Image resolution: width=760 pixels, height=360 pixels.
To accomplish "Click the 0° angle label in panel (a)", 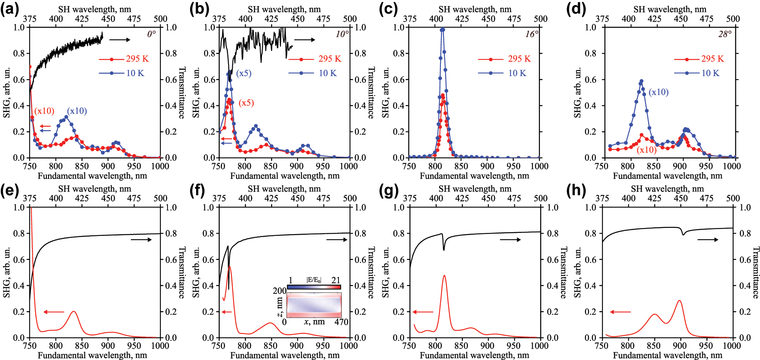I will pyautogui.click(x=151, y=34).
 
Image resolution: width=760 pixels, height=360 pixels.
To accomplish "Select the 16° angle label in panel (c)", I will pyautogui.click(x=532, y=34).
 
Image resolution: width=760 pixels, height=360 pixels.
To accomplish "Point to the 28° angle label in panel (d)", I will pyautogui.click(x=725, y=34).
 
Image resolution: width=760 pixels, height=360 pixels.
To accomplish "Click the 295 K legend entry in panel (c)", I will pyautogui.click(x=519, y=59).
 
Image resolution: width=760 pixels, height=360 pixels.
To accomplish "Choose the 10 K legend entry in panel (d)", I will pyautogui.click(x=711, y=73).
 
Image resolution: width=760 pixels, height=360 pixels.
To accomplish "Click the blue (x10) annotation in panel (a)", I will pyautogui.click(x=77, y=111).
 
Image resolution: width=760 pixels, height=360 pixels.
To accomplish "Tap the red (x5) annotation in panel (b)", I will pyautogui.click(x=246, y=103).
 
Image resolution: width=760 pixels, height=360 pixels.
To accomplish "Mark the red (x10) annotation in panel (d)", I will pyautogui.click(x=647, y=150).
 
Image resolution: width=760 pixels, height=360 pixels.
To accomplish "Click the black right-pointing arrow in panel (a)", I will pyautogui.click(x=120, y=40).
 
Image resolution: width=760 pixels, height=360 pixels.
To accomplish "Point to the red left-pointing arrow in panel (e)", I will pyautogui.click(x=54, y=312).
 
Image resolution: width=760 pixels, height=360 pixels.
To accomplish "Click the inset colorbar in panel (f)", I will pyautogui.click(x=314, y=287).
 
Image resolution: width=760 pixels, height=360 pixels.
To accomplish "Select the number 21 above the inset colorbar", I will pyautogui.click(x=335, y=280).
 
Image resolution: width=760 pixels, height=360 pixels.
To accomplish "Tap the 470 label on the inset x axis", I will pyautogui.click(x=341, y=322).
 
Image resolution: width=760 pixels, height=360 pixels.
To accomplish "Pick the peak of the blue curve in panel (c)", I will pyautogui.click(x=442, y=29).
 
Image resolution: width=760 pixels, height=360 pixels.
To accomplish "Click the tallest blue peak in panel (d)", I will pyautogui.click(x=641, y=81).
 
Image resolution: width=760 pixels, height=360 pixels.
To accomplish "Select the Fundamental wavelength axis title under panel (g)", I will pyautogui.click(x=474, y=355).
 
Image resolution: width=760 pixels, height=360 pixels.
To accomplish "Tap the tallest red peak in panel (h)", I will pyautogui.click(x=679, y=301).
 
